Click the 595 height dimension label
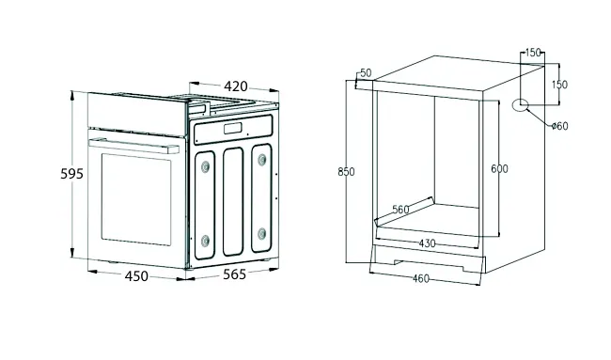point(72,173)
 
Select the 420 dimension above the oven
point(236,86)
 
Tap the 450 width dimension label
point(136,275)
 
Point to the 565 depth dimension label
point(235,274)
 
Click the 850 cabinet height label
point(346,171)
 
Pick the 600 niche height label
point(499,168)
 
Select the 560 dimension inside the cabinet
point(400,210)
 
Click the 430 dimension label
point(427,243)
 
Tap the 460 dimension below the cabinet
point(421,278)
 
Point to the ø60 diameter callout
point(560,126)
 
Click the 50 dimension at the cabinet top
point(366,73)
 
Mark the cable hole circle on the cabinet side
point(520,105)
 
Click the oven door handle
point(134,146)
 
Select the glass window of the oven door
point(136,199)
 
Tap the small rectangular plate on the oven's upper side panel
point(233,128)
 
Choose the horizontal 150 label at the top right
point(533,53)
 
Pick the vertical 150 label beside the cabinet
point(559,85)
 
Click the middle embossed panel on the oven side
point(233,201)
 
